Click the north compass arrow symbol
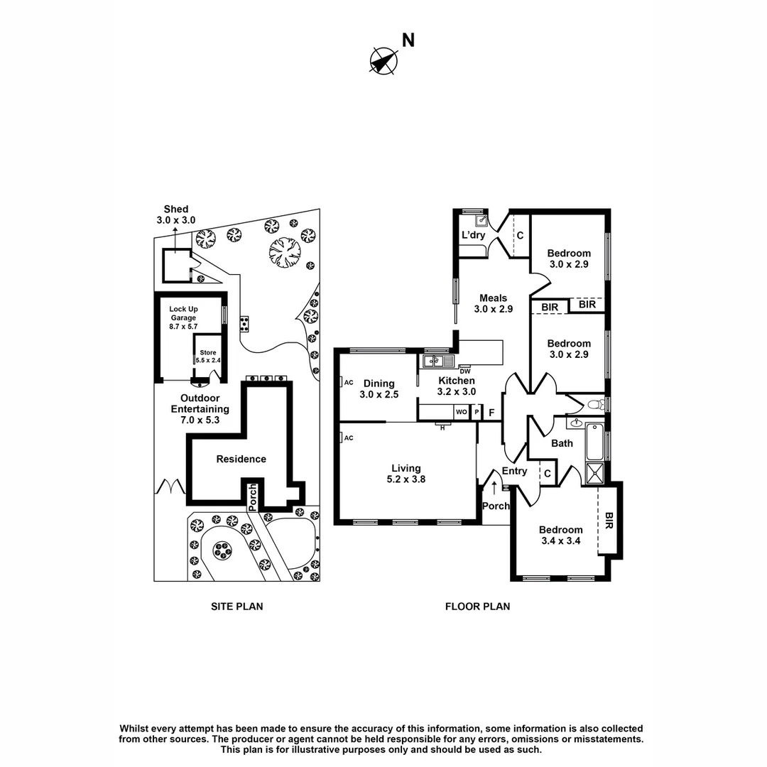383,60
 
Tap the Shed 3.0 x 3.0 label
175,214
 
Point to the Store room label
207,356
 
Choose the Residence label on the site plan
241,459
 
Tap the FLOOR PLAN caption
477,606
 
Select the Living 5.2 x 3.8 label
406,474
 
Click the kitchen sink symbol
434,361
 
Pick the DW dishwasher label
465,371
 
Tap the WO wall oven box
461,412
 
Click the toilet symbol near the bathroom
595,405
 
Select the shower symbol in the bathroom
594,473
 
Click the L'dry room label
473,235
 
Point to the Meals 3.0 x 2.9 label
493,303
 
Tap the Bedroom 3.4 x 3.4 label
560,535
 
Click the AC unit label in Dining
348,382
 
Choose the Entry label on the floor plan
514,471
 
